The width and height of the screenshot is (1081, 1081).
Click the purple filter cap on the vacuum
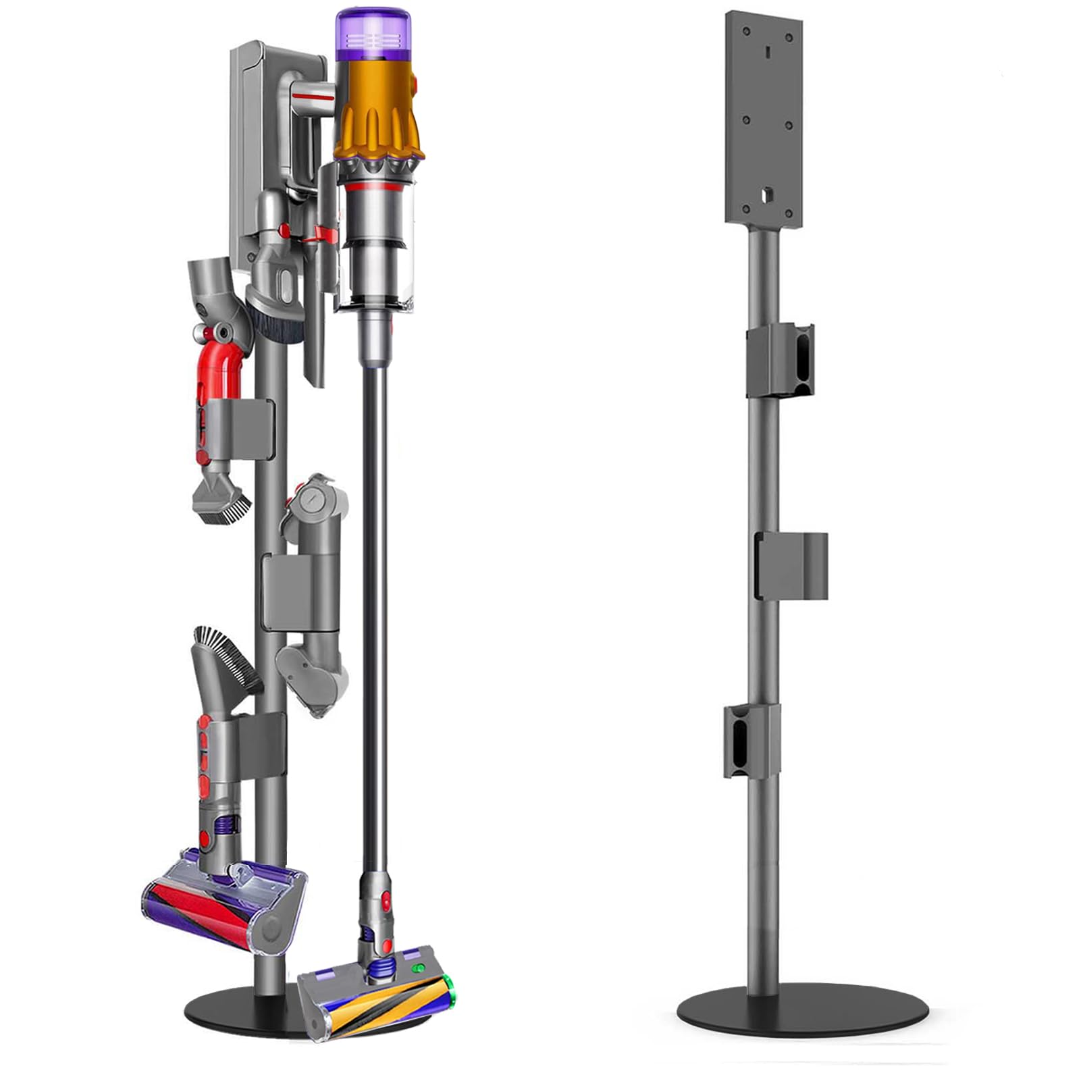coord(371,34)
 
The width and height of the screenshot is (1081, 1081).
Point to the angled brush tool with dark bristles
coord(226,662)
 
